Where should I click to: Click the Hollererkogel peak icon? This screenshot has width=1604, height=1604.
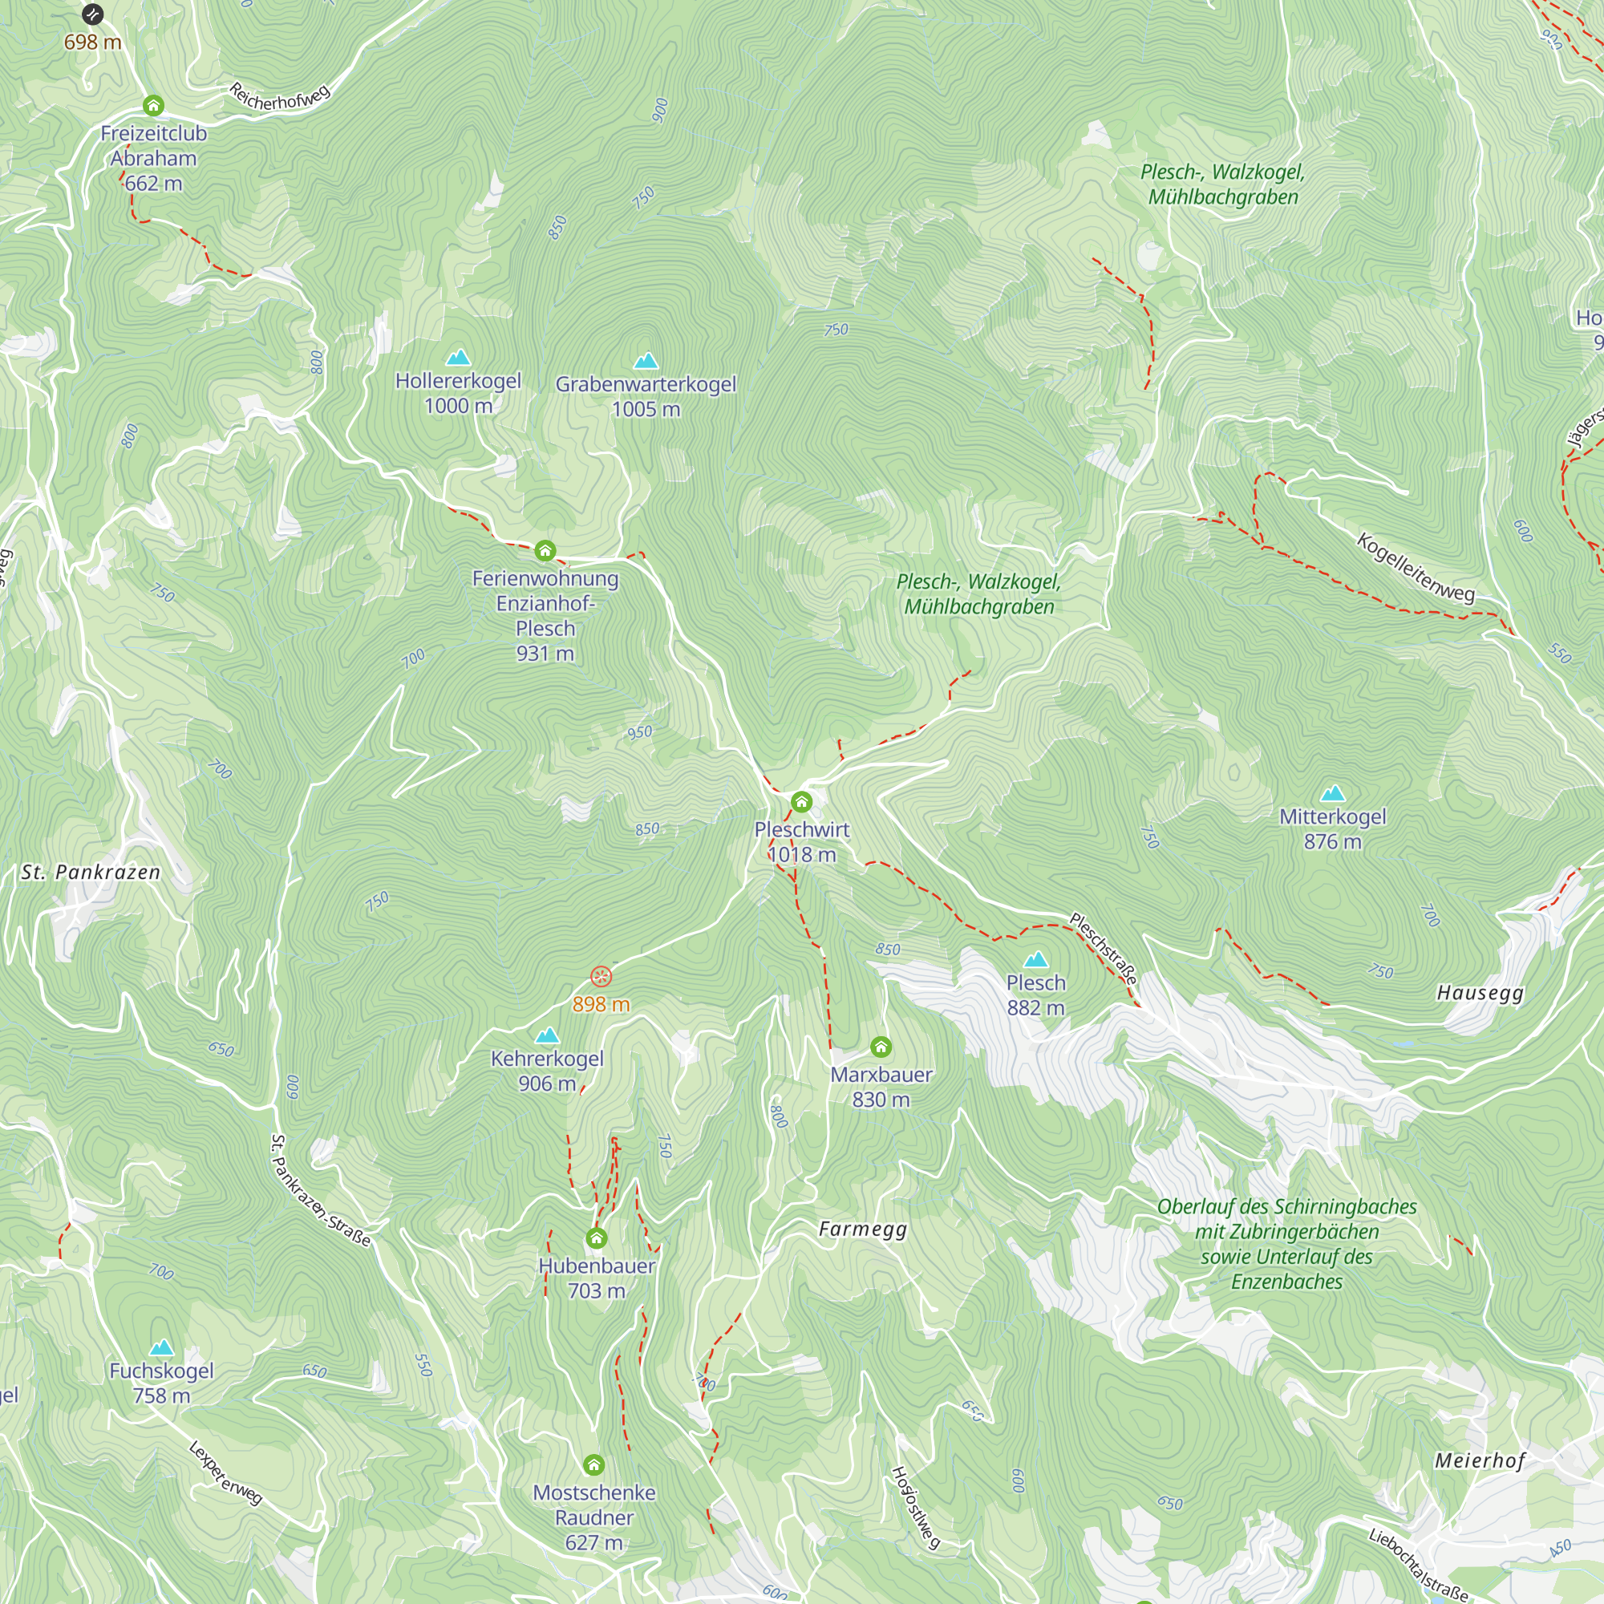458,358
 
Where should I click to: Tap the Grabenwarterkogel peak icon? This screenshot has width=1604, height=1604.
646,360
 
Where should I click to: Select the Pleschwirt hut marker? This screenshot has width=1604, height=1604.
801,802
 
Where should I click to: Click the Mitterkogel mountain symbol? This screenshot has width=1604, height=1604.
1332,793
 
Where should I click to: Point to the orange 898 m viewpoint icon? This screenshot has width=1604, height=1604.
601,976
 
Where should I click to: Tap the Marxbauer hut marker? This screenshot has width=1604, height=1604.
881,1047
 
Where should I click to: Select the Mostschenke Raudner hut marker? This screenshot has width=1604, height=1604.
593,1464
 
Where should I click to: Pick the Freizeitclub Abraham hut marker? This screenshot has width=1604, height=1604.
152,105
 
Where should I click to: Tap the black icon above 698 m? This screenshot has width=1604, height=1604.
92,14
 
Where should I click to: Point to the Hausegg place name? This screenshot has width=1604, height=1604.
1480,992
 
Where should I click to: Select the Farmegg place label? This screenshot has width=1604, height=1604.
863,1229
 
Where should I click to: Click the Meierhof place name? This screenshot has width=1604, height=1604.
1480,1460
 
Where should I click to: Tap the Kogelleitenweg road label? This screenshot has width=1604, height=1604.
1416,568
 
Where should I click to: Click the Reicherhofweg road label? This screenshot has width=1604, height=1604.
280,97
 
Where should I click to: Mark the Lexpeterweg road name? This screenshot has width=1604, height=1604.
226,1472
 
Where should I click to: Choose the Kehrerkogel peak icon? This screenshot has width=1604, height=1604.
547,1035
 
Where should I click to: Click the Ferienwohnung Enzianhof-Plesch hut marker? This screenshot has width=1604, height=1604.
545,550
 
